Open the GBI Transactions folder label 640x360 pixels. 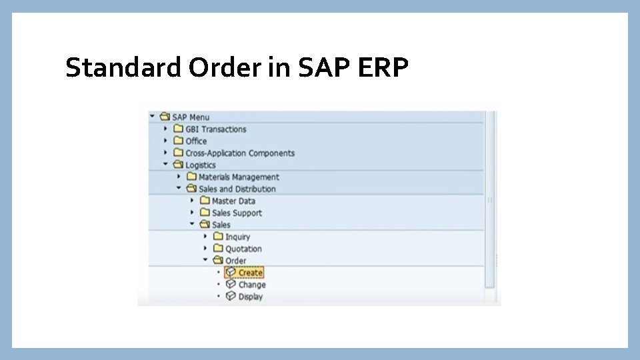tap(215, 129)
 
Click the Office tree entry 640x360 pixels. tap(196, 141)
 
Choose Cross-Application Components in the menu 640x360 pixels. tap(239, 153)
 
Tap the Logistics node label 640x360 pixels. tap(201, 165)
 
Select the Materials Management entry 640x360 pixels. tap(239, 177)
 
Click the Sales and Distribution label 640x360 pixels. tap(237, 189)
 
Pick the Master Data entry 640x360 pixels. tap(233, 201)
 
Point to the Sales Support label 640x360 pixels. tap(237, 213)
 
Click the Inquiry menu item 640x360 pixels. tap(237, 237)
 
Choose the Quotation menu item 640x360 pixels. tap(243, 249)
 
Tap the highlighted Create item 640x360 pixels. tap(251, 273)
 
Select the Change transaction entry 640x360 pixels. tap(252, 285)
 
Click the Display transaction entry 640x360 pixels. tap(251, 297)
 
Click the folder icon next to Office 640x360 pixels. tap(178, 141)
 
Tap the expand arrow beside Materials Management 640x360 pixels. tap(179, 177)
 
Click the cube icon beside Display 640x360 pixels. tap(231, 296)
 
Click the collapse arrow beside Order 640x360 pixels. tap(205, 260)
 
